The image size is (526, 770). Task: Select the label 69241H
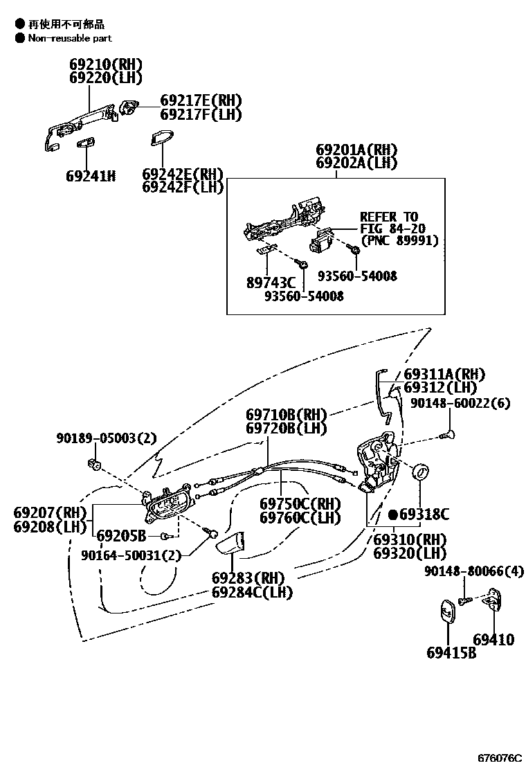(x=90, y=176)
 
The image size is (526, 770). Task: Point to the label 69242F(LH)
(x=183, y=187)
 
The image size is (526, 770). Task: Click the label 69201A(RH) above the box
(x=357, y=150)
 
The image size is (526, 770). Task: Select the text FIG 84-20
(x=392, y=229)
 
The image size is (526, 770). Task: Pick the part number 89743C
(x=271, y=283)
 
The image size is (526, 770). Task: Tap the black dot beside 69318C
(x=392, y=514)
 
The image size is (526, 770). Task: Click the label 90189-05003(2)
(x=107, y=438)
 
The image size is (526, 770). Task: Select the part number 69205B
(x=121, y=535)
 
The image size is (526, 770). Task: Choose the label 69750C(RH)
(x=300, y=503)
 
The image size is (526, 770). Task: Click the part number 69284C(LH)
(x=252, y=592)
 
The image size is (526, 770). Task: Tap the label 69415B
(x=451, y=652)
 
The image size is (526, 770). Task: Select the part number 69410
(x=493, y=639)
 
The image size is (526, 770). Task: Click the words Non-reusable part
(x=69, y=38)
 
